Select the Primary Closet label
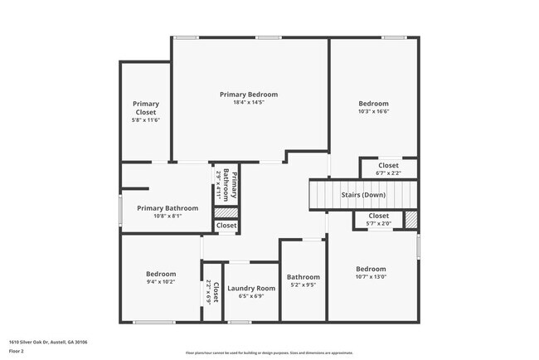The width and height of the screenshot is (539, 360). pyautogui.click(x=146, y=108)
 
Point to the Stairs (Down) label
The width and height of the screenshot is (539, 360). pyautogui.click(x=363, y=195)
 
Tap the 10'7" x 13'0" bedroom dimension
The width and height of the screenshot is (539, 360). pyautogui.click(x=371, y=277)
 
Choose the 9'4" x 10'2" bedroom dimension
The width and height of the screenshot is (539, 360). pyautogui.click(x=161, y=282)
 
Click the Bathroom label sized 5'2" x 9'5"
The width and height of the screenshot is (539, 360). pyautogui.click(x=303, y=277)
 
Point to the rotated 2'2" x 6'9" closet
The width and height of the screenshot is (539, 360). pyautogui.click(x=211, y=294)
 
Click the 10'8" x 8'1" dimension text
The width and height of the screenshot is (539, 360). pyautogui.click(x=168, y=216)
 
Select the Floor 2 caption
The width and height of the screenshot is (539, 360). pyautogui.click(x=17, y=351)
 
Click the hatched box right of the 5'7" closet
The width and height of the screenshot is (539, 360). pyautogui.click(x=410, y=220)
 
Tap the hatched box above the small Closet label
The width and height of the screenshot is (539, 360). pyautogui.click(x=226, y=212)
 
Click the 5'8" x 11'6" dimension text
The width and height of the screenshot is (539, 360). pyautogui.click(x=146, y=120)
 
